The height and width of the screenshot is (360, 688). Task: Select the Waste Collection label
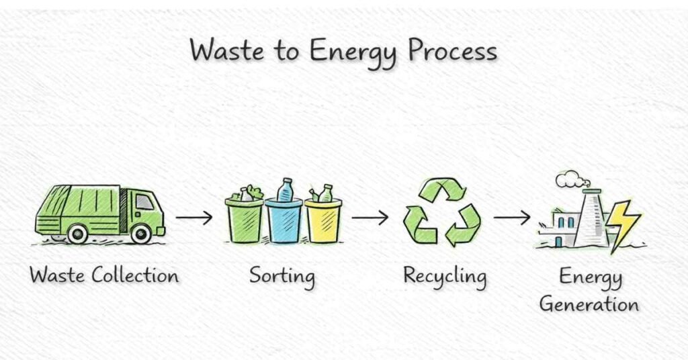click(104, 275)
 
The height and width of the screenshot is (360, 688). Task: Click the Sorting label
click(282, 276)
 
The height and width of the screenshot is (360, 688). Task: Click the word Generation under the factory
click(589, 304)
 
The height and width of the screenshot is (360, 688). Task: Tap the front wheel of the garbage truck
click(140, 233)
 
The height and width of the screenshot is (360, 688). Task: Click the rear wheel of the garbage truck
click(77, 233)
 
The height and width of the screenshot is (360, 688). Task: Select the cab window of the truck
click(144, 201)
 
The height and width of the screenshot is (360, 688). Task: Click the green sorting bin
click(245, 220)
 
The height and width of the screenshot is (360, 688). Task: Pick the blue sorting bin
click(284, 221)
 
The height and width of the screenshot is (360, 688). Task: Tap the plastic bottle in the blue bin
click(286, 190)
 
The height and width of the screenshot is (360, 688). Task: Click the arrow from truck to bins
click(194, 218)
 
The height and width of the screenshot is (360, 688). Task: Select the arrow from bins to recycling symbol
click(370, 218)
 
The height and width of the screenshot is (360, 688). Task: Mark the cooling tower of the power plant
click(592, 218)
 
